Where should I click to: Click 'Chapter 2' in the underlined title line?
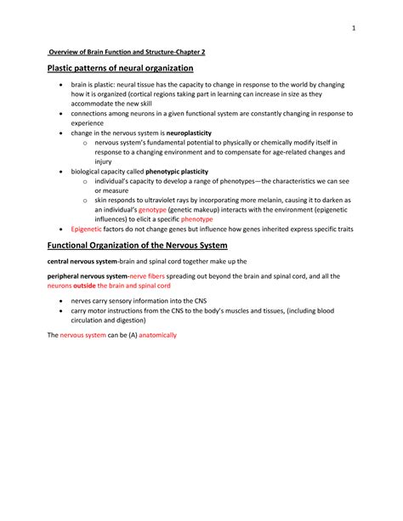[188, 52]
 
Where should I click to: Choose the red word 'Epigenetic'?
[86, 229]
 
